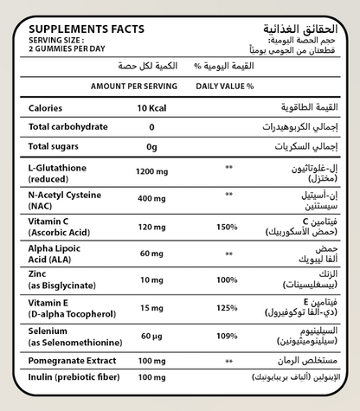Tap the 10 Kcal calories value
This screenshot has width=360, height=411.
[152, 108]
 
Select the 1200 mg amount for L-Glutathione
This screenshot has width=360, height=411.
[151, 170]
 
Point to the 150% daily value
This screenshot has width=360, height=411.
[228, 226]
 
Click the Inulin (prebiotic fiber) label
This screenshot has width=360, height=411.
[72, 378]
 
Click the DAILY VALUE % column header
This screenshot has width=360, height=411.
[224, 87]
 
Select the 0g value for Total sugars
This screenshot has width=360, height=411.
[151, 147]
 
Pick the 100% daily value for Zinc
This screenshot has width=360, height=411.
[228, 280]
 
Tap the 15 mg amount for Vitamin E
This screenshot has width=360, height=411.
[151, 307]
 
